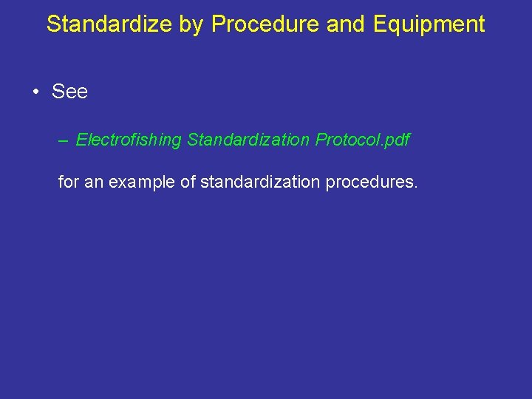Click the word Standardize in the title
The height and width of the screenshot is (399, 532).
109,24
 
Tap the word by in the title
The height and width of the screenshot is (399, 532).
192,24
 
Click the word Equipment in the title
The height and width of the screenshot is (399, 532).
429,24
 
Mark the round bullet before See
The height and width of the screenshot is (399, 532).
35,92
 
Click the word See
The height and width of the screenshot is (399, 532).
69,92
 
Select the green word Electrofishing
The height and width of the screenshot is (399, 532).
129,140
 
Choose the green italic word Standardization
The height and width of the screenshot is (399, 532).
249,140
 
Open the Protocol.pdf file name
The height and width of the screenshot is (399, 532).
362,140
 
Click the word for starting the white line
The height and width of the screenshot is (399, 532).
68,181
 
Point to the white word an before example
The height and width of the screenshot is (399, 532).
94,181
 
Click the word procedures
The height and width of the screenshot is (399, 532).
368,181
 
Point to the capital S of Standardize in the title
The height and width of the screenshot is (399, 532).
53,24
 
